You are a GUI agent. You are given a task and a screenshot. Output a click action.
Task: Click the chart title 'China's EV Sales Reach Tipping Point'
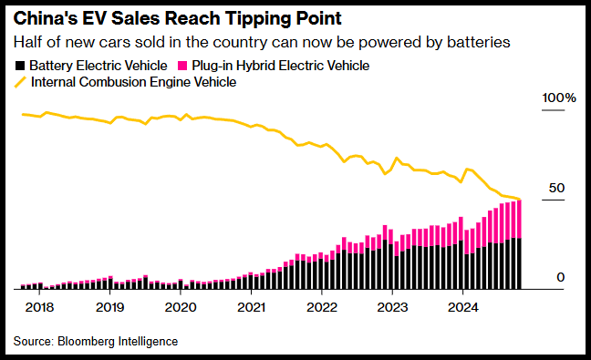[x=178, y=19]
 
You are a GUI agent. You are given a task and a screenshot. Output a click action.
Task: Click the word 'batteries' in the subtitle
[x=478, y=42]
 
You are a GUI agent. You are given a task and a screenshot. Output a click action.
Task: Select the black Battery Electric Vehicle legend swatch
[x=19, y=66]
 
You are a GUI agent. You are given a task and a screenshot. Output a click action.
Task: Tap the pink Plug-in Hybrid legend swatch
[x=182, y=66]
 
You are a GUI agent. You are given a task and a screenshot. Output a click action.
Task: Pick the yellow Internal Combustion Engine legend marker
[x=20, y=82]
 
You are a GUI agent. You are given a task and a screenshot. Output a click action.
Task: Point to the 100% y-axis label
[x=559, y=98]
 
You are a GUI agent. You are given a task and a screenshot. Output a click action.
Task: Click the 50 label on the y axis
[x=556, y=188]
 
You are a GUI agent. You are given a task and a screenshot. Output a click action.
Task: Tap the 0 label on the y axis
[x=561, y=278]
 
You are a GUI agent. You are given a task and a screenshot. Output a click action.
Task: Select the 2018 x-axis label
[x=39, y=307]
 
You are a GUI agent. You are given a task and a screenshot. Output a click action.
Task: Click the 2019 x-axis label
[x=110, y=307]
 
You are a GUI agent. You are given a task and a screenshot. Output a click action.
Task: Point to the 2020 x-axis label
[x=181, y=307]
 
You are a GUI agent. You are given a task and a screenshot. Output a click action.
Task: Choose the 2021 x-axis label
[x=252, y=307]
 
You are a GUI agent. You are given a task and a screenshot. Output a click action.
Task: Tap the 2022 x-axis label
[x=322, y=307]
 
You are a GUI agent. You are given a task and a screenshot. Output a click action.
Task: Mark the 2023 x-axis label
[x=392, y=307]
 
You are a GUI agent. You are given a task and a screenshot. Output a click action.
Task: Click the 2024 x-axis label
[x=462, y=307]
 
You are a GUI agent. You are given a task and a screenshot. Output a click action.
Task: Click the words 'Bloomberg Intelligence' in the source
[x=118, y=342]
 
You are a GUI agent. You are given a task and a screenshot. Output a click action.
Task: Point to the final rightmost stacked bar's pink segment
[x=519, y=219]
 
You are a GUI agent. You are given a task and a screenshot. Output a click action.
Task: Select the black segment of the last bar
[x=519, y=263]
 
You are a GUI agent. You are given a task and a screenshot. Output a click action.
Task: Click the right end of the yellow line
[x=520, y=199]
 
